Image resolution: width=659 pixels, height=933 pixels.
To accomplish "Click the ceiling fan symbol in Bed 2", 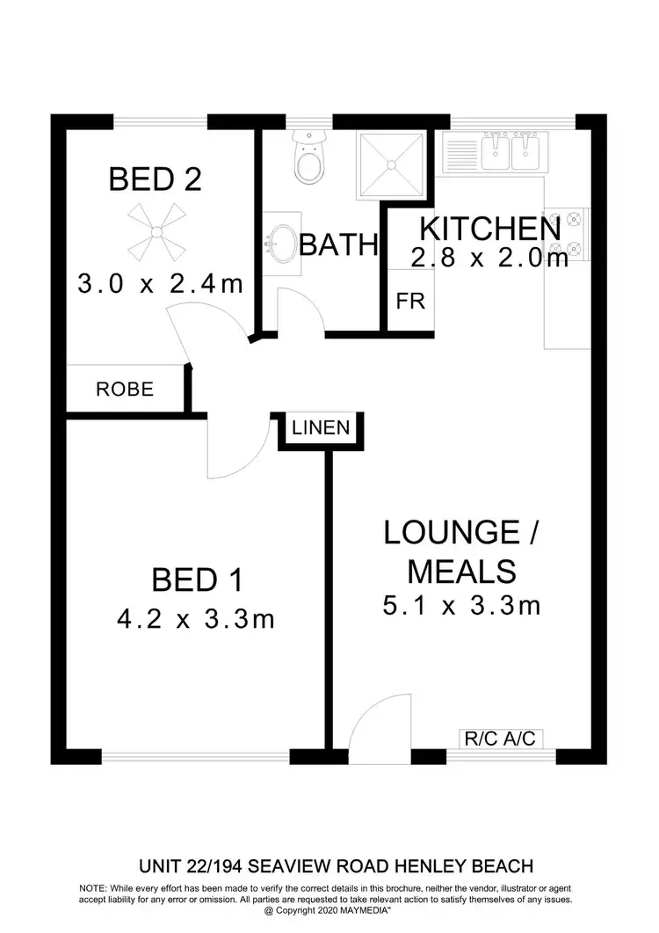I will [x=156, y=230].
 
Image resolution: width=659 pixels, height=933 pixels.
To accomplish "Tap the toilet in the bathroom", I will [x=308, y=159].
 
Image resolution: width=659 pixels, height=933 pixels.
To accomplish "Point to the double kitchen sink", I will [x=511, y=151].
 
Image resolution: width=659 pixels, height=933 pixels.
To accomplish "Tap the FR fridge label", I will [x=410, y=301].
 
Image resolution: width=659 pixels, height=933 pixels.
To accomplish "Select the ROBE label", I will [x=125, y=390].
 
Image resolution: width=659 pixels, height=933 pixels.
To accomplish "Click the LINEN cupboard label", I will [x=321, y=429].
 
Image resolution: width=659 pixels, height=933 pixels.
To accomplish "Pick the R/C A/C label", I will [x=499, y=739].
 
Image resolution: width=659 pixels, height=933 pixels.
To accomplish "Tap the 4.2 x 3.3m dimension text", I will [x=196, y=620].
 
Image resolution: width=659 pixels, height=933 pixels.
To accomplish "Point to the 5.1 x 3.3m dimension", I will [x=460, y=605].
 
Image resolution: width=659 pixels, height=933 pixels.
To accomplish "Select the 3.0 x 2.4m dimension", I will [x=159, y=285].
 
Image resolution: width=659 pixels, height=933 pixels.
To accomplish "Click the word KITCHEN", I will [x=489, y=229].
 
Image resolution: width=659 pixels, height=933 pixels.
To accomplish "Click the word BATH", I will [x=338, y=244].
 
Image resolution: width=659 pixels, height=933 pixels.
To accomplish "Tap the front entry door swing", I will [x=373, y=725].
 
